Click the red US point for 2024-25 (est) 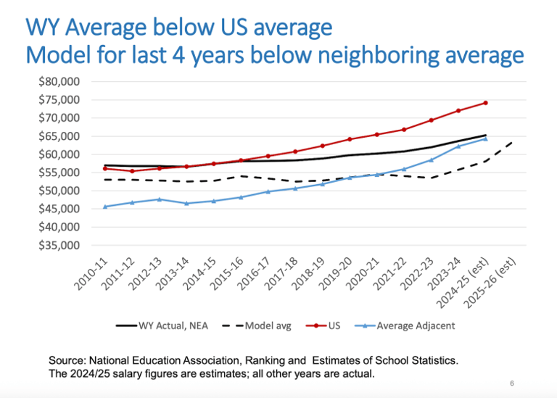[485, 103]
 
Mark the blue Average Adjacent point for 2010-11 [106, 207]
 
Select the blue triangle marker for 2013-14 [186, 203]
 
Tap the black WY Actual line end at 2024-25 [485, 135]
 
